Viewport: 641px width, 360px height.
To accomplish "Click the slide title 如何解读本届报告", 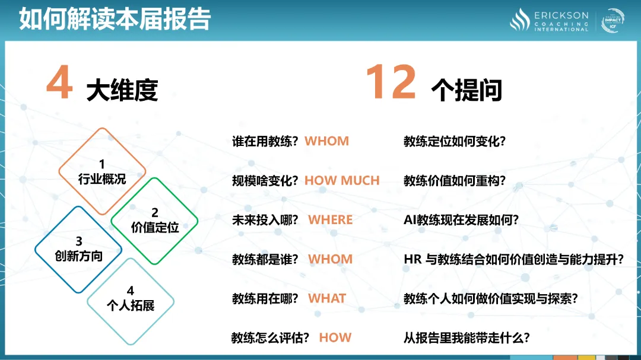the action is (115, 19).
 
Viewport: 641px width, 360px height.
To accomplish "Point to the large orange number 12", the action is (391, 82).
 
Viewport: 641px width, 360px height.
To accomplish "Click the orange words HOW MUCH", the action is (342, 181).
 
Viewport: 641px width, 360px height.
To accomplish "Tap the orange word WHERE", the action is (331, 220).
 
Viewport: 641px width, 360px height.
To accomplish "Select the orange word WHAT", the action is (327, 298).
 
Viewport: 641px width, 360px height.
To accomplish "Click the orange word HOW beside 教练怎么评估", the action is (335, 337).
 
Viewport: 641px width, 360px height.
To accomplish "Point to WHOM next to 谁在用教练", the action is (327, 141).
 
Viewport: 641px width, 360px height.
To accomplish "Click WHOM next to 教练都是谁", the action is (331, 259).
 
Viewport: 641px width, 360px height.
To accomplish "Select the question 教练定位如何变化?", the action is (455, 141).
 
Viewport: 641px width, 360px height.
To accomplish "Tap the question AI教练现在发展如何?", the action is (461, 220).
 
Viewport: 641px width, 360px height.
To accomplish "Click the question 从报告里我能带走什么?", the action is (467, 338).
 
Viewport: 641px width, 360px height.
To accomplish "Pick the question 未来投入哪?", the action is (265, 220).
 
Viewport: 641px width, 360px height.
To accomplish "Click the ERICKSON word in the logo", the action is (561, 15).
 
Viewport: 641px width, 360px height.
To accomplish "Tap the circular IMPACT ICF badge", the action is (613, 20).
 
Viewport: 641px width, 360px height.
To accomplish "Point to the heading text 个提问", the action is (467, 90).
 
